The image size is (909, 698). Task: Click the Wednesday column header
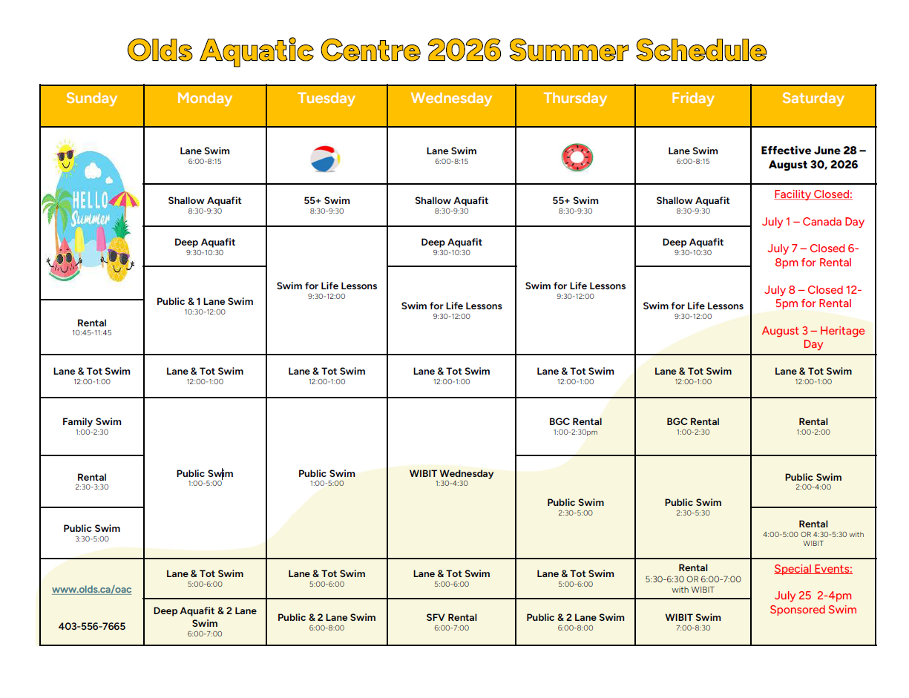pyautogui.click(x=451, y=98)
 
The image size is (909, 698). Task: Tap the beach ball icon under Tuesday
pyautogui.click(x=325, y=159)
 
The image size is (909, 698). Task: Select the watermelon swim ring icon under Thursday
pyautogui.click(x=577, y=157)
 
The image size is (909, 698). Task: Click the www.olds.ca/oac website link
pyautogui.click(x=91, y=589)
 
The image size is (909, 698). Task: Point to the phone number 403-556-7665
pyautogui.click(x=91, y=626)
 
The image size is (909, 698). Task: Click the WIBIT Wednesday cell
pyautogui.click(x=451, y=478)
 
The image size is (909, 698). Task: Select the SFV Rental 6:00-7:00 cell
pyautogui.click(x=451, y=622)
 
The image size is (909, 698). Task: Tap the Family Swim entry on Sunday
pyautogui.click(x=91, y=426)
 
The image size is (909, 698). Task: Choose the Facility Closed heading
pyautogui.click(x=813, y=194)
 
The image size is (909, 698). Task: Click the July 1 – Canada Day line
pyautogui.click(x=813, y=222)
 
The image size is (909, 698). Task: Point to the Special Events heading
pyautogui.click(x=813, y=569)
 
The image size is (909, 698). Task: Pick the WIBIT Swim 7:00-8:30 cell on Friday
pyautogui.click(x=693, y=622)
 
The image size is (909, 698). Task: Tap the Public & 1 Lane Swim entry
pyautogui.click(x=205, y=306)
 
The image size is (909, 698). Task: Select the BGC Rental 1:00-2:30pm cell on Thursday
pyautogui.click(x=575, y=426)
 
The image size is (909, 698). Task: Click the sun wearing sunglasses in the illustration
pyautogui.click(x=66, y=156)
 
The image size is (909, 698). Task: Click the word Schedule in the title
pyautogui.click(x=700, y=50)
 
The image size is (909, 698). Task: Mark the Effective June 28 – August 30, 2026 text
pyautogui.click(x=813, y=157)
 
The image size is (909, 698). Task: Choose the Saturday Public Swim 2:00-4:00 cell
pyautogui.click(x=813, y=481)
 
